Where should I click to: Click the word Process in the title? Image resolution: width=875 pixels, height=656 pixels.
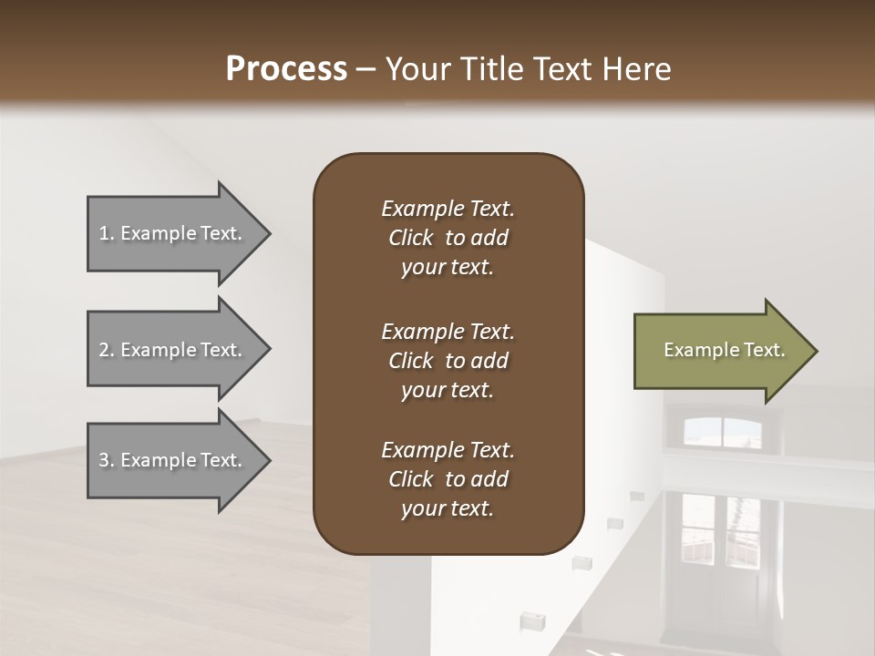286,69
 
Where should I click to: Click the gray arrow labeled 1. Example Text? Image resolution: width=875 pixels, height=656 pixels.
173,233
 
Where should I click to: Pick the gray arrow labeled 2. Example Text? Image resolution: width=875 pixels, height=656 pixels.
173,350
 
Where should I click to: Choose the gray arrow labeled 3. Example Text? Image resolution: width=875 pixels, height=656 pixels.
173,460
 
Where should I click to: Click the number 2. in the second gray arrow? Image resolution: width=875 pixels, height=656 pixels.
107,350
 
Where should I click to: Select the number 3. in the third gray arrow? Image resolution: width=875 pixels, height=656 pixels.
107,460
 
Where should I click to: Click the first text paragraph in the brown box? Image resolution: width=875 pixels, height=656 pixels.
448,238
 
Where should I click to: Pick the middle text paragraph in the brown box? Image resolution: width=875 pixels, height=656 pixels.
448,360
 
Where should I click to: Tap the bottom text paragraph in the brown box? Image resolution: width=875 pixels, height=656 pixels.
448,479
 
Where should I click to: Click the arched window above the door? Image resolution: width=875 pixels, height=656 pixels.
722,432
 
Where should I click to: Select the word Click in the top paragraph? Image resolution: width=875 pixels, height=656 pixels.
411,238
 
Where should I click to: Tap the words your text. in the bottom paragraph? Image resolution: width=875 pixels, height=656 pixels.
448,508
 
